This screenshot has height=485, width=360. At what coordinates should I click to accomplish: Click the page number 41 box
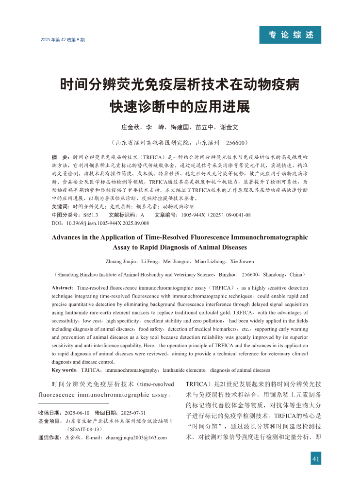pos(315,458)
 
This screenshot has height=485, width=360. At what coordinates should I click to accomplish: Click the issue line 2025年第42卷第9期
pos(63,40)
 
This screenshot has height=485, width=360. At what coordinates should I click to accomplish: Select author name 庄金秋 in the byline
pos(130,128)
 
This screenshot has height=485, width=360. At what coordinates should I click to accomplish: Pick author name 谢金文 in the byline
pos(229,128)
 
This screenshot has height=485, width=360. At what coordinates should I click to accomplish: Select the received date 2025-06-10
pos(80,412)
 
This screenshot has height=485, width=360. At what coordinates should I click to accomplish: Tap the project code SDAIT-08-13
pos(85,429)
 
